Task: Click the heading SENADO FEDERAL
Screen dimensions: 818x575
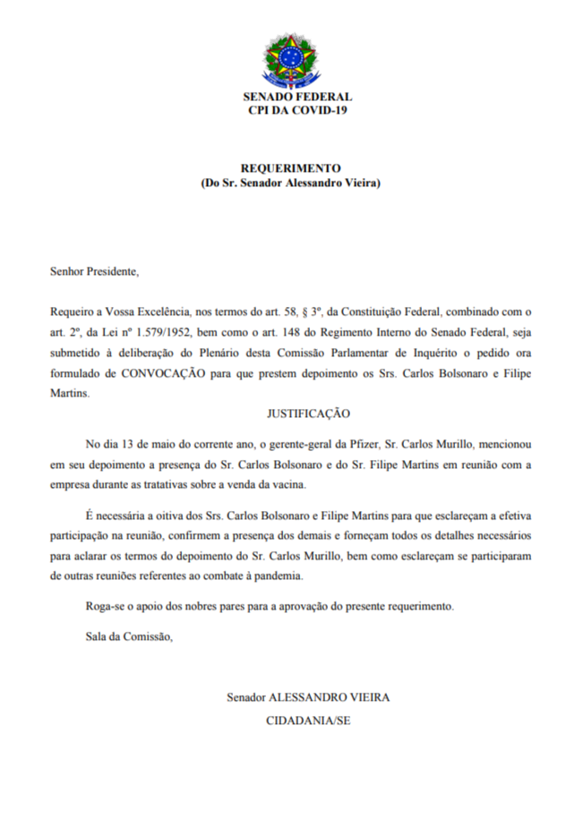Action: tap(297, 97)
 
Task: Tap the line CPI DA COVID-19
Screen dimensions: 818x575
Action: tap(297, 110)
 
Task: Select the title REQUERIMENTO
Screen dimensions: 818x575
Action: tap(291, 167)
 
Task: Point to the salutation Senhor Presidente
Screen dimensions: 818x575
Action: tap(95, 270)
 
